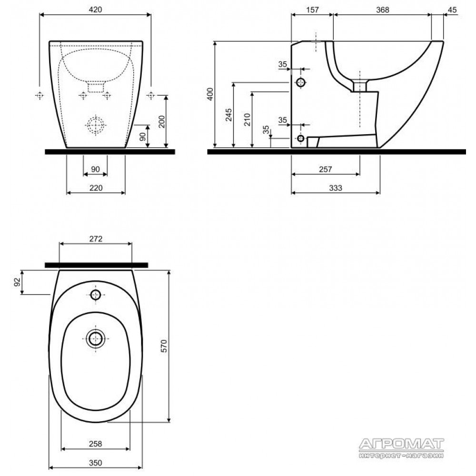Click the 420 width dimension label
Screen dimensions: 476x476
[x=95, y=10]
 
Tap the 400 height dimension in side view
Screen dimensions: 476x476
[x=210, y=94]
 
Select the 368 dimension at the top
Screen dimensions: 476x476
[x=382, y=10]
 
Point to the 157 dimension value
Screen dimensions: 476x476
[x=312, y=10]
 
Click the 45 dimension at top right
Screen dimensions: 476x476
[x=452, y=10]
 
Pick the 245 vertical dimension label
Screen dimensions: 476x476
[x=228, y=115]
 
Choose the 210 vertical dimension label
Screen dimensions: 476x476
[x=247, y=119]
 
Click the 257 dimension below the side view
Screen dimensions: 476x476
[x=325, y=169]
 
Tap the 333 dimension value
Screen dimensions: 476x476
[x=336, y=188]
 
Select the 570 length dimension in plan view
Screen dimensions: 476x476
[x=163, y=346]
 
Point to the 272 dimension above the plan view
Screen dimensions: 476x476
[x=96, y=239]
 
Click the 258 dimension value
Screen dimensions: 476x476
[x=95, y=444]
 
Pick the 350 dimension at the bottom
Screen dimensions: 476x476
[x=95, y=463]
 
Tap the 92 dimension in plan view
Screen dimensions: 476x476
[x=17, y=282]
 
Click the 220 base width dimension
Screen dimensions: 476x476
[x=96, y=188]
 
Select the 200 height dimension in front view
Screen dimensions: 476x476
[x=162, y=121]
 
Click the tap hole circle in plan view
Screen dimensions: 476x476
[x=96, y=295]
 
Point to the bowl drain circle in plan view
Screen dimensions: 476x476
[x=96, y=338]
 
